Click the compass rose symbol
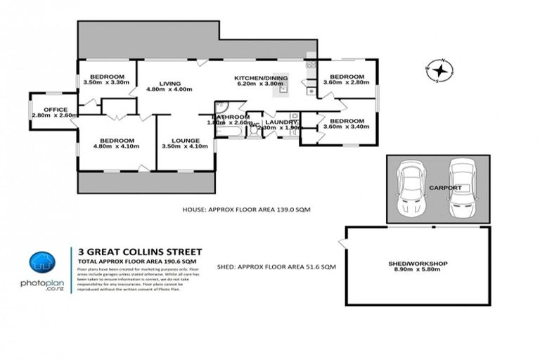(439, 70)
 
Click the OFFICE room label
(55, 110)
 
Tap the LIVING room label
(169, 84)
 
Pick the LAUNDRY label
(281, 122)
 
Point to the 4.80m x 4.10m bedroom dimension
(117, 146)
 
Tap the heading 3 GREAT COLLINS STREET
(140, 252)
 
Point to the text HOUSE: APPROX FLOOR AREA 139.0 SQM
(246, 210)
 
